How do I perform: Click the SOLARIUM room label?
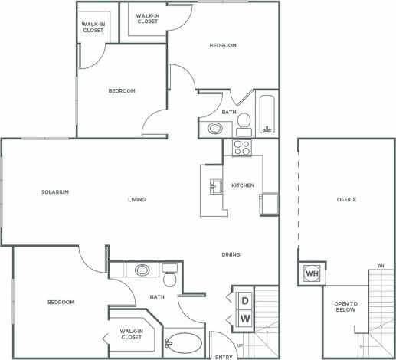pos(56,191)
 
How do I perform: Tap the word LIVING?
pos(137,200)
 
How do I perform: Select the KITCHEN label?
pos(243,185)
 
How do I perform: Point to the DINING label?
pos(231,254)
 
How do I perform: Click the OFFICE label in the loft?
pos(347,200)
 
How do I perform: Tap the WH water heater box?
pos(312,273)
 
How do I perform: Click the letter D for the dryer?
pos(246,298)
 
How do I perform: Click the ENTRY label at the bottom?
pos(224,355)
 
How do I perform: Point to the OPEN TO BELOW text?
pos(345,308)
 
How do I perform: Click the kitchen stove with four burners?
pos(243,148)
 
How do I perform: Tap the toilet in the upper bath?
pos(244,120)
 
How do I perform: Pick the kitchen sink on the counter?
pos(216,186)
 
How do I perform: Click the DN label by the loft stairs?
pos(381,266)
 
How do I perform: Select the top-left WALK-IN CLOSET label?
pos(93,27)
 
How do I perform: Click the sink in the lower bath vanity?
pos(142,270)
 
